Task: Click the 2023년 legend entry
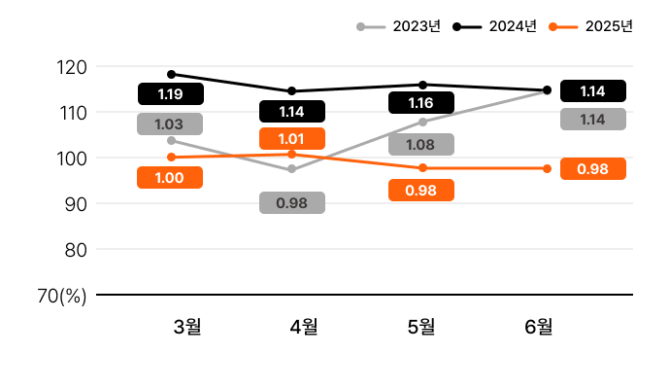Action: coord(399,26)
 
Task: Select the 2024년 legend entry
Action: coord(495,26)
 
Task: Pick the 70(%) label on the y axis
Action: coord(62,295)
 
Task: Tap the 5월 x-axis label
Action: coord(421,326)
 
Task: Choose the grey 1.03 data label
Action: coord(170,124)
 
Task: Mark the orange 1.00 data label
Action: coord(170,178)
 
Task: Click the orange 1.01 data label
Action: coord(292,138)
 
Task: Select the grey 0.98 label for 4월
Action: coord(292,203)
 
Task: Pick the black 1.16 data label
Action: coord(421,102)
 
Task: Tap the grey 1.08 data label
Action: coord(421,145)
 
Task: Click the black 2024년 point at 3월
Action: coord(171,74)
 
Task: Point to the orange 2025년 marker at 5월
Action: coord(422,168)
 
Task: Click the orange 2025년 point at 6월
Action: coord(547,168)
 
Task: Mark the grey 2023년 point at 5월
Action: coord(422,122)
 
